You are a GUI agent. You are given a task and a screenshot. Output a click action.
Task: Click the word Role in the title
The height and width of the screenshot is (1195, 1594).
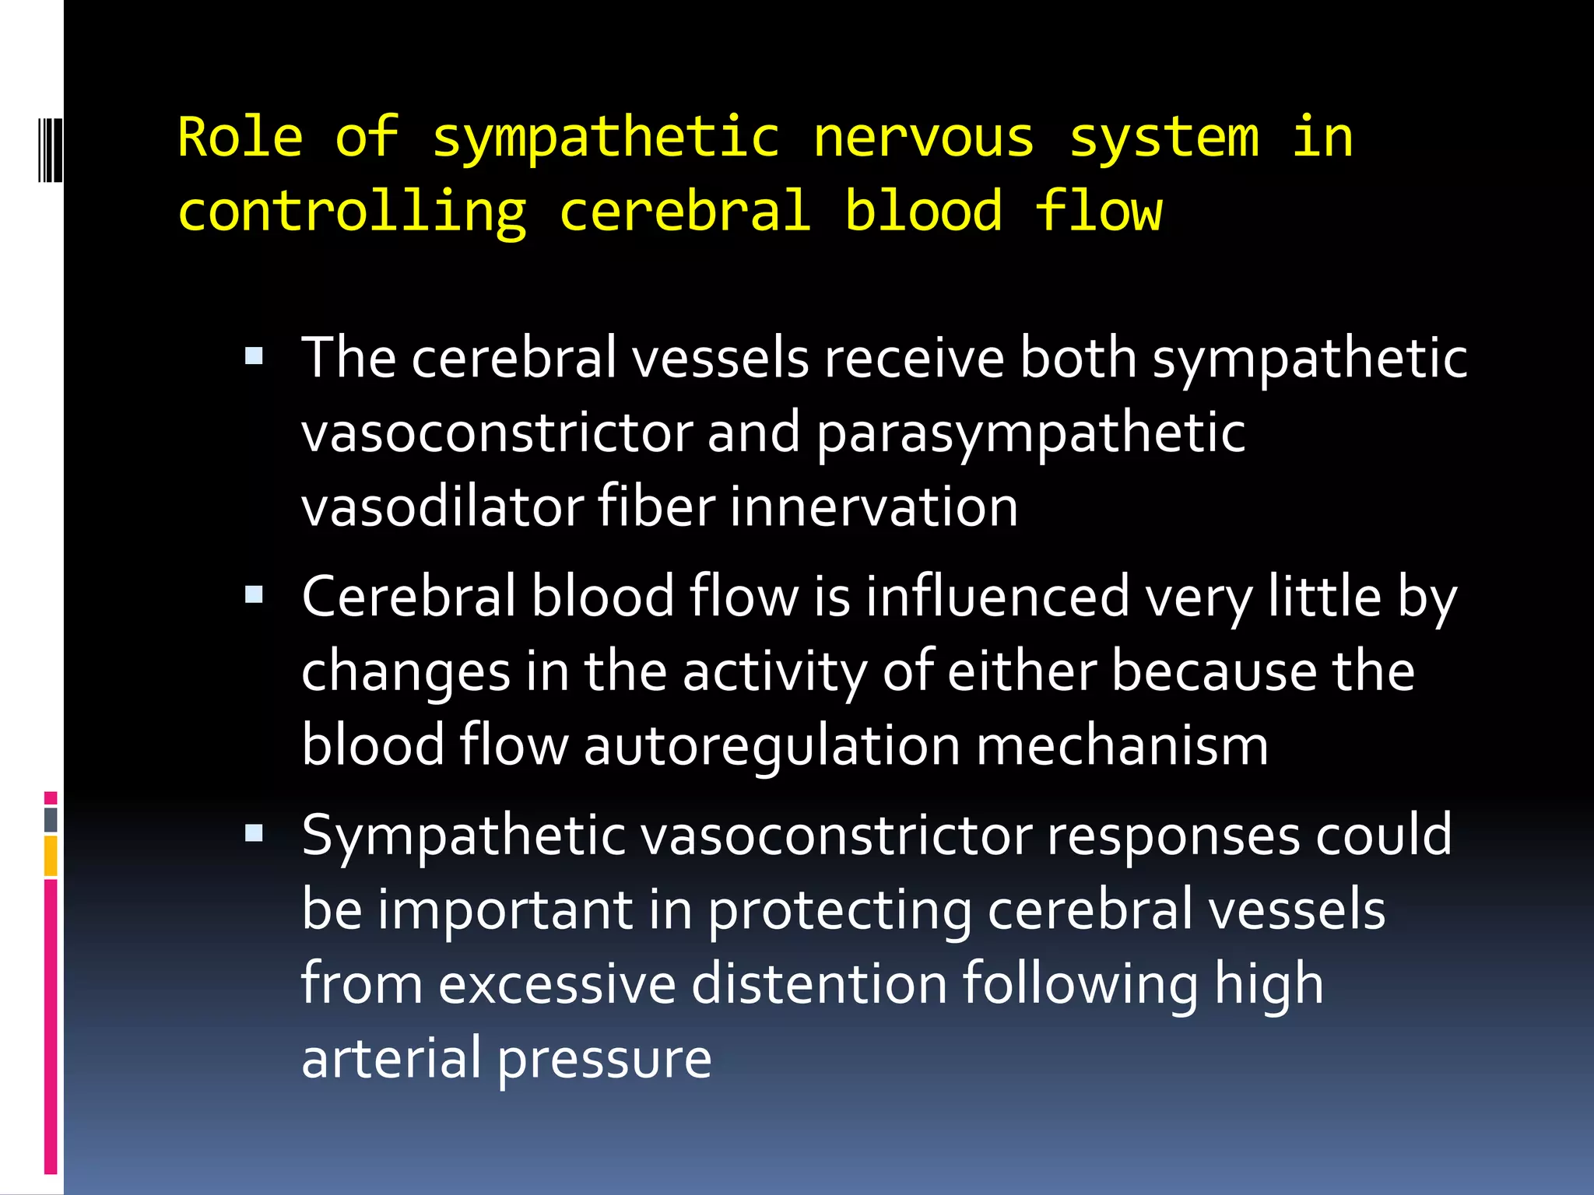[x=240, y=138]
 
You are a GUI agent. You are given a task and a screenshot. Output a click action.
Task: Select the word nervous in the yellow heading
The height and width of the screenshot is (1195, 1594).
[x=923, y=138]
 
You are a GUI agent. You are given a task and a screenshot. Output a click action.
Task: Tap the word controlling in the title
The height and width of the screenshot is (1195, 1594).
[x=352, y=212]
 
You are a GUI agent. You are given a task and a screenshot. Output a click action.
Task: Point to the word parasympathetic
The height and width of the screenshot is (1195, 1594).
[x=1030, y=433]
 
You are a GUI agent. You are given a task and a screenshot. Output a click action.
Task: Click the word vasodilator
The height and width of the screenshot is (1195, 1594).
[x=442, y=506]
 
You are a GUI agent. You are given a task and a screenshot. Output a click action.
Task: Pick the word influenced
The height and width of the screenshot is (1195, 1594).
[x=997, y=597]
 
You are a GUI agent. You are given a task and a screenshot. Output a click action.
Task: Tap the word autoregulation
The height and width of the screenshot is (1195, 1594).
[x=772, y=746]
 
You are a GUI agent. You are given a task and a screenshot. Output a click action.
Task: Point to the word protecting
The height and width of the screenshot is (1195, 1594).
[x=840, y=910]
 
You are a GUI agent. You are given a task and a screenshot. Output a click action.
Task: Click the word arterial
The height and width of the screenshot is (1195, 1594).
[x=391, y=1058]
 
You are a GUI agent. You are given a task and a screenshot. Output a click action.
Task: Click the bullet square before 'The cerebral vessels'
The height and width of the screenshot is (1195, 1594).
[x=254, y=357]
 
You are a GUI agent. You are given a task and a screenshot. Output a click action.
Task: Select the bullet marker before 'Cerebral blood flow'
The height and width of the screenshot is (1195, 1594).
[x=254, y=596]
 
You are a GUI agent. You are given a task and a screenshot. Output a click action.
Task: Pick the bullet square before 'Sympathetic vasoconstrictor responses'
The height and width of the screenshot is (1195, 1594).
[x=254, y=835]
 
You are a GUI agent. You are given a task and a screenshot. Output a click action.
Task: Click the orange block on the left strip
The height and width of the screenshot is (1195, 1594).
[x=51, y=855]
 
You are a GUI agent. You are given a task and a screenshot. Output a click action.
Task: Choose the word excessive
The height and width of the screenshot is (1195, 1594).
[x=557, y=984]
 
